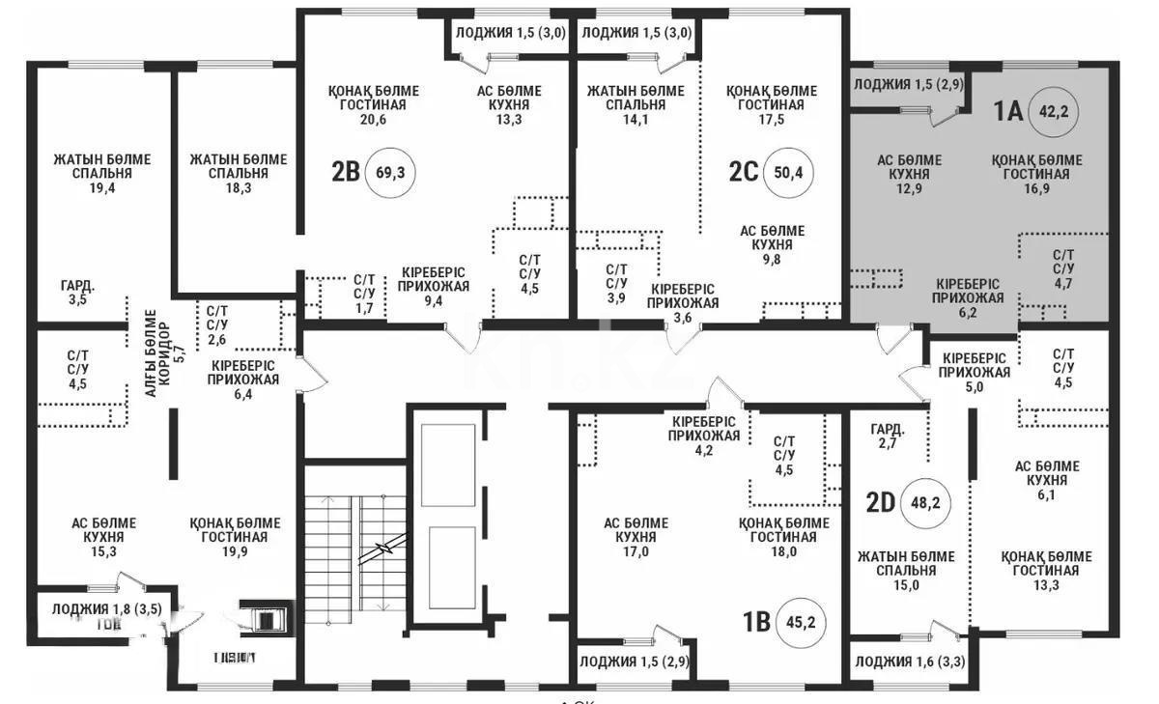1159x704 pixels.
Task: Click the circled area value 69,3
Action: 391,174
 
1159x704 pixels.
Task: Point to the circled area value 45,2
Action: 802,622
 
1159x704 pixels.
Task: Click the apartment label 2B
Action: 346,173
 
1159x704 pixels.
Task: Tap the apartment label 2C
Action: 744,172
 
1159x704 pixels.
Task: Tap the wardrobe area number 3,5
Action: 78,300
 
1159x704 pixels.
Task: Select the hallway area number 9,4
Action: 433,300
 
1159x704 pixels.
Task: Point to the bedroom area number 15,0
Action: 906,585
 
